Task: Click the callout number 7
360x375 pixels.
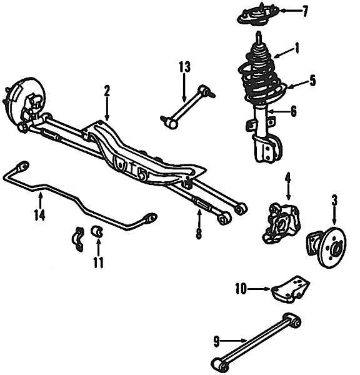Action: pyautogui.click(x=304, y=11)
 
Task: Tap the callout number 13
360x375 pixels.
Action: pyautogui.click(x=184, y=67)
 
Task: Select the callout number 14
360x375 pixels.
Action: pyautogui.click(x=39, y=215)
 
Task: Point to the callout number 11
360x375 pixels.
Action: pyautogui.click(x=98, y=262)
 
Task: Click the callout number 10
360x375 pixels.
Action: pyautogui.click(x=241, y=289)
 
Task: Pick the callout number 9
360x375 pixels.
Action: pyautogui.click(x=216, y=341)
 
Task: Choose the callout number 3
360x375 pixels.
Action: pyautogui.click(x=334, y=201)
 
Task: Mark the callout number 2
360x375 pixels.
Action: pyautogui.click(x=107, y=91)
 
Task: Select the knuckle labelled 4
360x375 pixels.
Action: pyautogui.click(x=281, y=223)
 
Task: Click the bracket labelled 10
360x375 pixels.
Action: pyautogui.click(x=290, y=289)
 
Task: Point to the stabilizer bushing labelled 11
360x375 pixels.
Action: pyautogui.click(x=97, y=231)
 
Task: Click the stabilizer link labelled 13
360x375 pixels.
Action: pyautogui.click(x=187, y=106)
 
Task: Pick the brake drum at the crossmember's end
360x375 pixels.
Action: pyautogui.click(x=24, y=103)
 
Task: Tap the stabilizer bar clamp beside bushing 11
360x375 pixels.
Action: pyautogui.click(x=78, y=239)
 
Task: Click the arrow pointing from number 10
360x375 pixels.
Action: pyautogui.click(x=259, y=289)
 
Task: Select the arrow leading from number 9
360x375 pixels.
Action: pyautogui.click(x=234, y=341)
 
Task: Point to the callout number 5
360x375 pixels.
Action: pyautogui.click(x=312, y=81)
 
